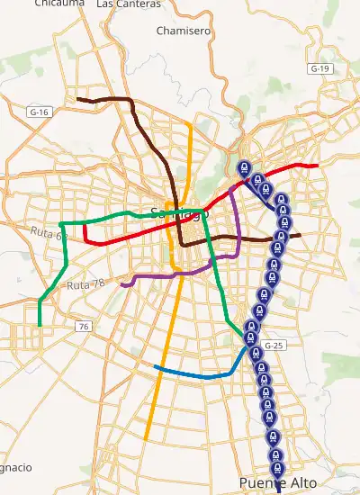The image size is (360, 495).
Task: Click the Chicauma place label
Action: (x=55, y=4)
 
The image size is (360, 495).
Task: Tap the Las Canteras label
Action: (x=129, y=4)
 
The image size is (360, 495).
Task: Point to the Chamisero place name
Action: (x=183, y=31)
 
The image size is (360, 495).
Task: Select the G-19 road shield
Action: (x=319, y=68)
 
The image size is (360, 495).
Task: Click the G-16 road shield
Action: (x=38, y=112)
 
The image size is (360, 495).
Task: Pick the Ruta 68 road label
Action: (x=49, y=235)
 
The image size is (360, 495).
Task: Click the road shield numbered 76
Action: (x=83, y=326)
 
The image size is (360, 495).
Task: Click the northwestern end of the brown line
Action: (x=78, y=98)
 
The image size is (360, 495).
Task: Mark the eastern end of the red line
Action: (x=318, y=166)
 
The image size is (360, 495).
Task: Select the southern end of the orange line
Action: (x=145, y=440)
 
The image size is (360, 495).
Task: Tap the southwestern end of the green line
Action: (x=40, y=325)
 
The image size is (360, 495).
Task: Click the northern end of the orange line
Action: (x=189, y=122)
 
